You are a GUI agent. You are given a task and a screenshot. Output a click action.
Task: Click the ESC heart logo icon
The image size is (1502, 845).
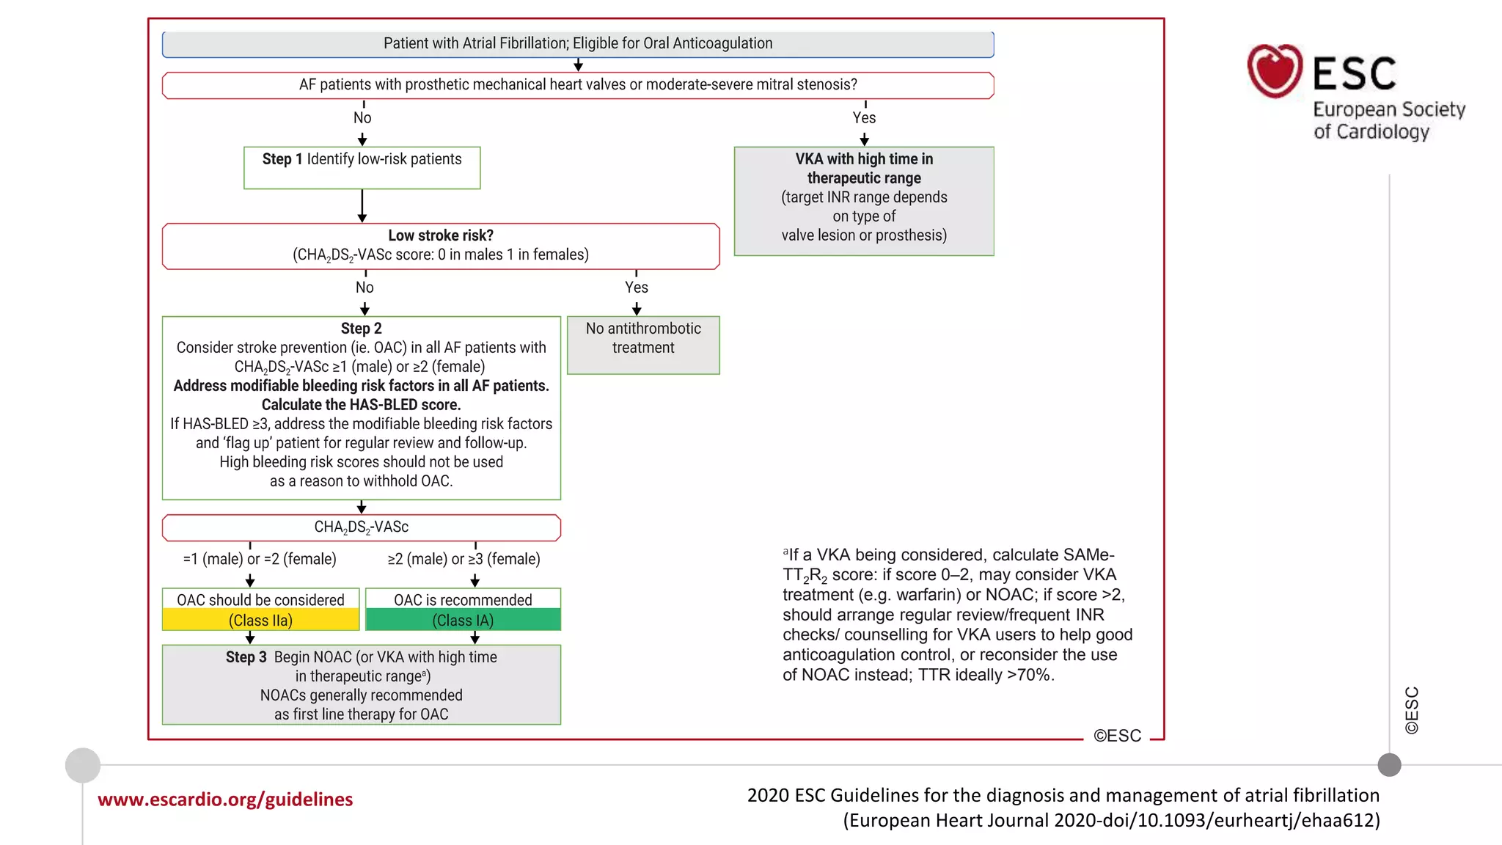pos(1275,71)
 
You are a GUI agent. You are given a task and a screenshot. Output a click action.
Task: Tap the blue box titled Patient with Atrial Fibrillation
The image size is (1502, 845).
pos(577,44)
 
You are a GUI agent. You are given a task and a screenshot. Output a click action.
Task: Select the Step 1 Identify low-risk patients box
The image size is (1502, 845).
pos(362,167)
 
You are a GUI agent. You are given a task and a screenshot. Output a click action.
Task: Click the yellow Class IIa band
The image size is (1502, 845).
pos(260,621)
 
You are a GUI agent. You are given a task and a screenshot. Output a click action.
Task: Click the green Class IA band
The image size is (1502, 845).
pos(463,621)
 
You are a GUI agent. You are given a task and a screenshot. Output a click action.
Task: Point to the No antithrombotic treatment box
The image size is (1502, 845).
pos(643,345)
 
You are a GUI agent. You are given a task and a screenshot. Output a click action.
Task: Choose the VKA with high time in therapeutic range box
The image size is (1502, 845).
pos(864,200)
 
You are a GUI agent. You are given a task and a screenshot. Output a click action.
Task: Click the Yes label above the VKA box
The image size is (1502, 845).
pos(864,118)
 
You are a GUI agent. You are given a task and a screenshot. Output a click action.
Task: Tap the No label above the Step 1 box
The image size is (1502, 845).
pos(362,118)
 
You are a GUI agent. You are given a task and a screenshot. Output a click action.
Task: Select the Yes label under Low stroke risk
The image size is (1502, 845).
pos(636,288)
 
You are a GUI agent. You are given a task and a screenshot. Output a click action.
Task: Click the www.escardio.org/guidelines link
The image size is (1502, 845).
pos(225,799)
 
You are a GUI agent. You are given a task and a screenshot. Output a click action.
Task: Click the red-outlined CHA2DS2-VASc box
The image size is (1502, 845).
pos(361,527)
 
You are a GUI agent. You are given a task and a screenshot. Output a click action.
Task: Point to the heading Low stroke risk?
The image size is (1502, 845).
pos(440,235)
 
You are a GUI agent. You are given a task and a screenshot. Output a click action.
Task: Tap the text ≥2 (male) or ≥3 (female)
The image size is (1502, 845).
pos(464,559)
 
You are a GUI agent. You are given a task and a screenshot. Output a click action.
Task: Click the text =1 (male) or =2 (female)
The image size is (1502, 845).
pos(260,559)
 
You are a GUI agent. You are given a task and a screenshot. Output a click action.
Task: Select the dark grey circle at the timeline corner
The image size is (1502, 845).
pos(1389,765)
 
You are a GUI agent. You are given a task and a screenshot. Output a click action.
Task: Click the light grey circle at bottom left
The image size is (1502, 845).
pos(83,765)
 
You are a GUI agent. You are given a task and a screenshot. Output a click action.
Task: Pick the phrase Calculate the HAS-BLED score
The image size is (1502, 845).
pos(361,405)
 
